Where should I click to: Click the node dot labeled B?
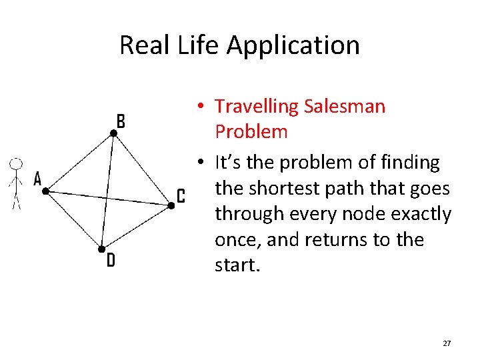114,134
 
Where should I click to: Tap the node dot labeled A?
45,191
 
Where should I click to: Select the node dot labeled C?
171,206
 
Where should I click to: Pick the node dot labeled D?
101,249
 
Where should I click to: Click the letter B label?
121,121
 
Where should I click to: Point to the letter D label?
111,261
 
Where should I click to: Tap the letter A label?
37,179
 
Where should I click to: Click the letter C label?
180,196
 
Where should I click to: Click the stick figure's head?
17,163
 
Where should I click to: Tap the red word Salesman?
344,106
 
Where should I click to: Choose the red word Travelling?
257,107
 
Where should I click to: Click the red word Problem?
251,131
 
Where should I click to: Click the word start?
237,265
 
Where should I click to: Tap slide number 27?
447,343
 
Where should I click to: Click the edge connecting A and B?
79,163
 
